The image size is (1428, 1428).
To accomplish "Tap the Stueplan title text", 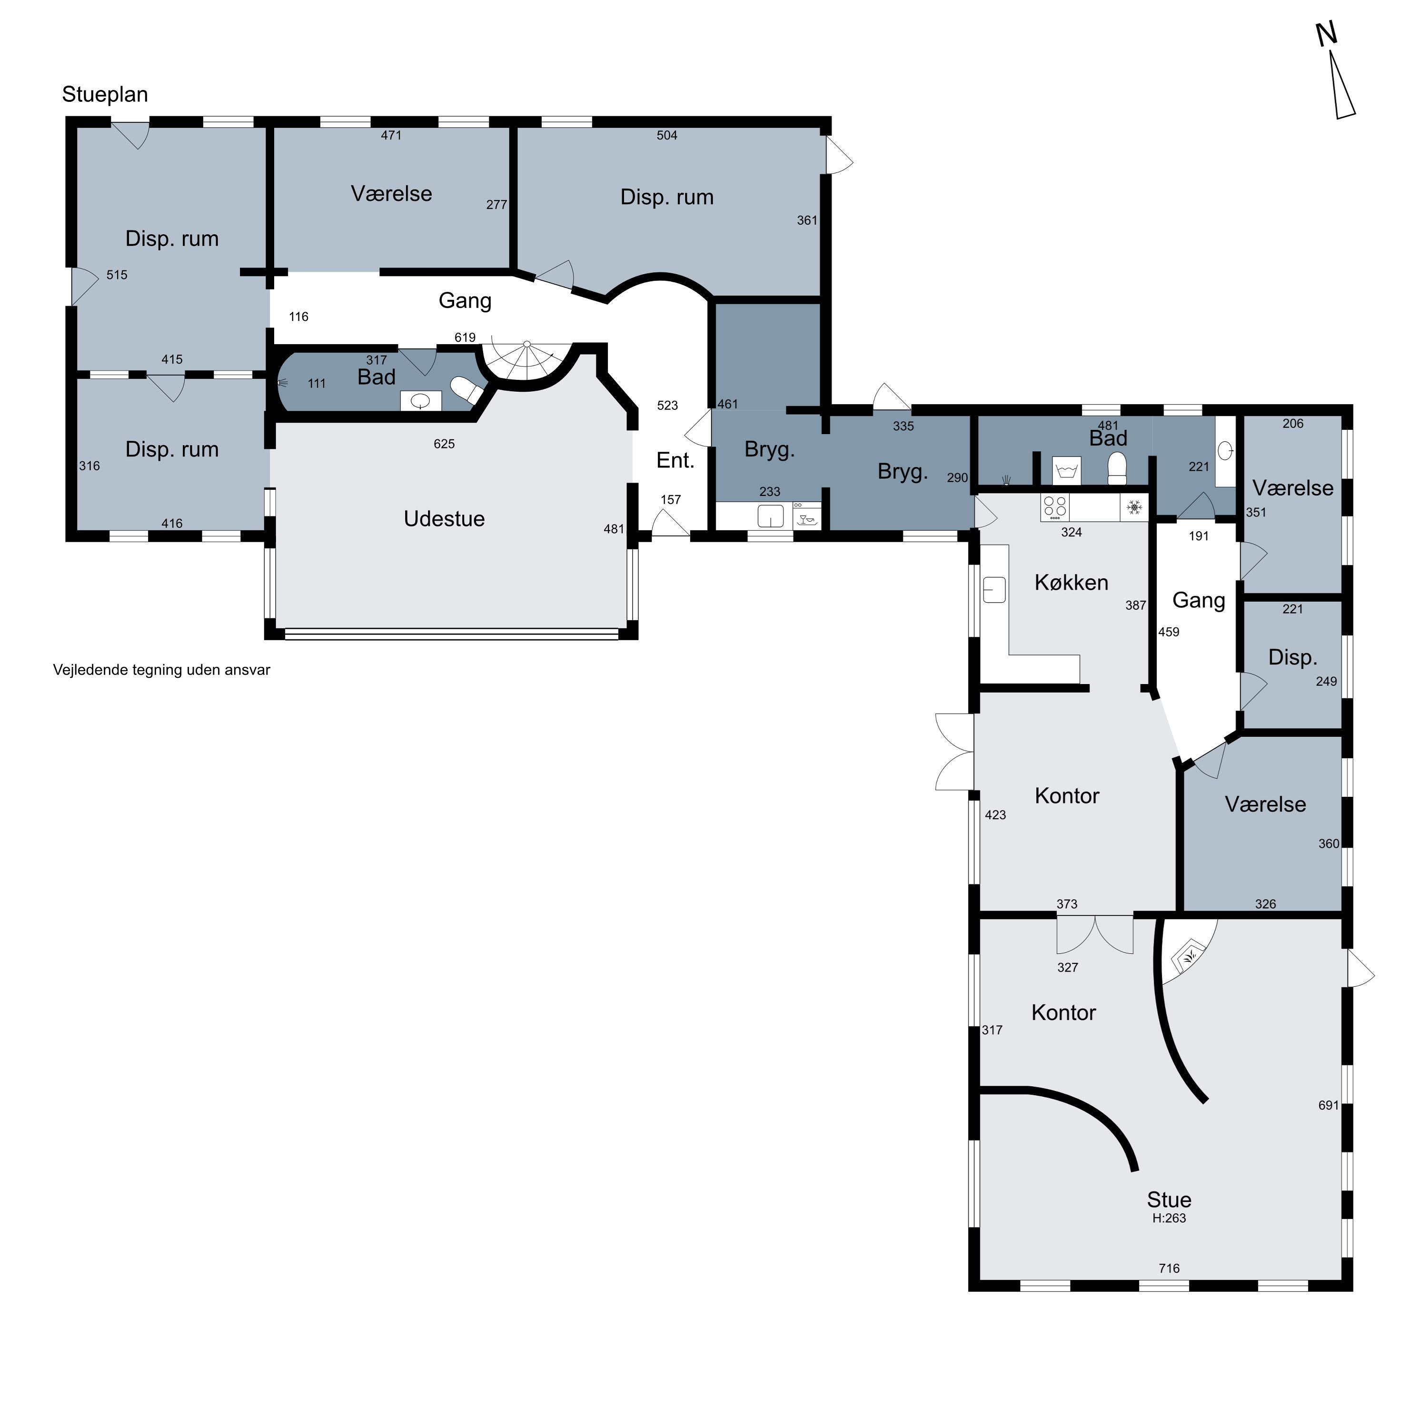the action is pos(105,95).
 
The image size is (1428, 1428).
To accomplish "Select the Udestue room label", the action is pos(444,519).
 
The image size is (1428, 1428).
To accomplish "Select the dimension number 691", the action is pos(1328,1105).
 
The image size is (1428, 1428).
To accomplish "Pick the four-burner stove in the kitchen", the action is pos(1055,507).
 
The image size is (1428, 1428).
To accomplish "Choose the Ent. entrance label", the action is pos(675,460).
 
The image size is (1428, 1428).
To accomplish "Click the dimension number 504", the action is pos(667,135).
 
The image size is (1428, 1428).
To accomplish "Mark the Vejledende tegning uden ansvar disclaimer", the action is pos(162,670).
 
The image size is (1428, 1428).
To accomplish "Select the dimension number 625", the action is pos(444,444).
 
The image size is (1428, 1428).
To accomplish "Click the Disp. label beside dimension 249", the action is pos(1293,657).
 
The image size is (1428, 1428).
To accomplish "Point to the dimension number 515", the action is pos(117,275).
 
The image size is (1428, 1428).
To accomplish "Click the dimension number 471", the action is pos(391,135).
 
